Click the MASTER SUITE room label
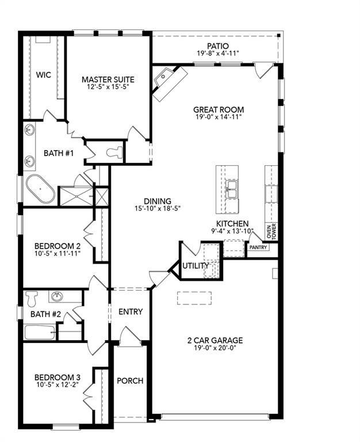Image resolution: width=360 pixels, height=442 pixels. click(108, 79)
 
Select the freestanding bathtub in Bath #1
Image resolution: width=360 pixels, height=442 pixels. click(41, 190)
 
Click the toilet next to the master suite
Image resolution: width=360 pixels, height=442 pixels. click(114, 153)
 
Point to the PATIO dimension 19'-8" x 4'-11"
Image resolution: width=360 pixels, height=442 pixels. click(218, 54)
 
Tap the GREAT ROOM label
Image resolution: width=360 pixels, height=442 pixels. click(218, 109)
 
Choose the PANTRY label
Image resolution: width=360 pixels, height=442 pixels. click(258, 247)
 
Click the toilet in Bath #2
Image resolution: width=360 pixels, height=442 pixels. click(32, 298)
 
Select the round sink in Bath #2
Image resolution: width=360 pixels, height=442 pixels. click(57, 297)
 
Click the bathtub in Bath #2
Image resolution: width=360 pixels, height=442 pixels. click(39, 332)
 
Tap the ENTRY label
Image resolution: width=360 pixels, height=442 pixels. click(131, 312)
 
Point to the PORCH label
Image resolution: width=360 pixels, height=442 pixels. click(130, 380)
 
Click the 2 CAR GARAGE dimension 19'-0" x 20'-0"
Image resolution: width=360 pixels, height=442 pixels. click(218, 348)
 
